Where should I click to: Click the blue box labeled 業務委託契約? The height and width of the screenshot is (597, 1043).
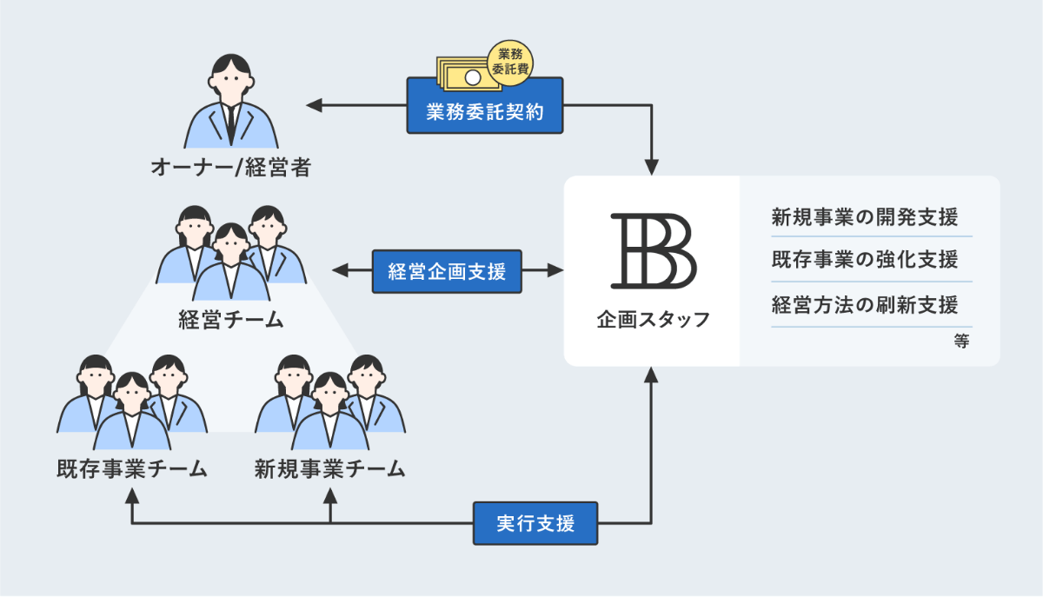pyautogui.click(x=484, y=112)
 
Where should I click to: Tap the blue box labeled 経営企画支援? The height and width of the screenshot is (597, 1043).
pyautogui.click(x=447, y=271)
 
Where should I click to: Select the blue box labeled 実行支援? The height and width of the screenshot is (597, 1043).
pyautogui.click(x=535, y=523)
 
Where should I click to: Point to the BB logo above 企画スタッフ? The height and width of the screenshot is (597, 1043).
pyautogui.click(x=652, y=250)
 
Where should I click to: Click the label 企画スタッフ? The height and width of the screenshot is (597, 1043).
pyautogui.click(x=653, y=320)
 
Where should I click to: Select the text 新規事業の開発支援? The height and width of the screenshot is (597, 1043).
pyautogui.click(x=869, y=216)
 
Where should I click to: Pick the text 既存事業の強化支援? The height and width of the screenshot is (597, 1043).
pyautogui.click(x=864, y=260)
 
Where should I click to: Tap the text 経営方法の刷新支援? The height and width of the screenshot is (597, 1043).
pyautogui.click(x=864, y=305)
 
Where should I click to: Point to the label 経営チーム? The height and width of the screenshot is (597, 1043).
pyautogui.click(x=231, y=320)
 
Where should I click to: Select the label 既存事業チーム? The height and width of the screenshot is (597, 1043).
pyautogui.click(x=132, y=470)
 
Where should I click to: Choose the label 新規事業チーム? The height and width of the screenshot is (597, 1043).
pyautogui.click(x=330, y=470)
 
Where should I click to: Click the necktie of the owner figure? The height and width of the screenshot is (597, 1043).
pyautogui.click(x=231, y=122)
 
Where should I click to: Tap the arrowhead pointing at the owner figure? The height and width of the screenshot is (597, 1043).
pyautogui.click(x=314, y=106)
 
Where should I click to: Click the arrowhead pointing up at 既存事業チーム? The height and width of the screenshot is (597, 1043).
pyautogui.click(x=132, y=496)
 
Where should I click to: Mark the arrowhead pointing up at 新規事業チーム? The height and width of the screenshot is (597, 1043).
pyautogui.click(x=330, y=496)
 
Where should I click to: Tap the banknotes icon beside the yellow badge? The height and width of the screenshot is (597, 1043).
pyautogui.click(x=462, y=73)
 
